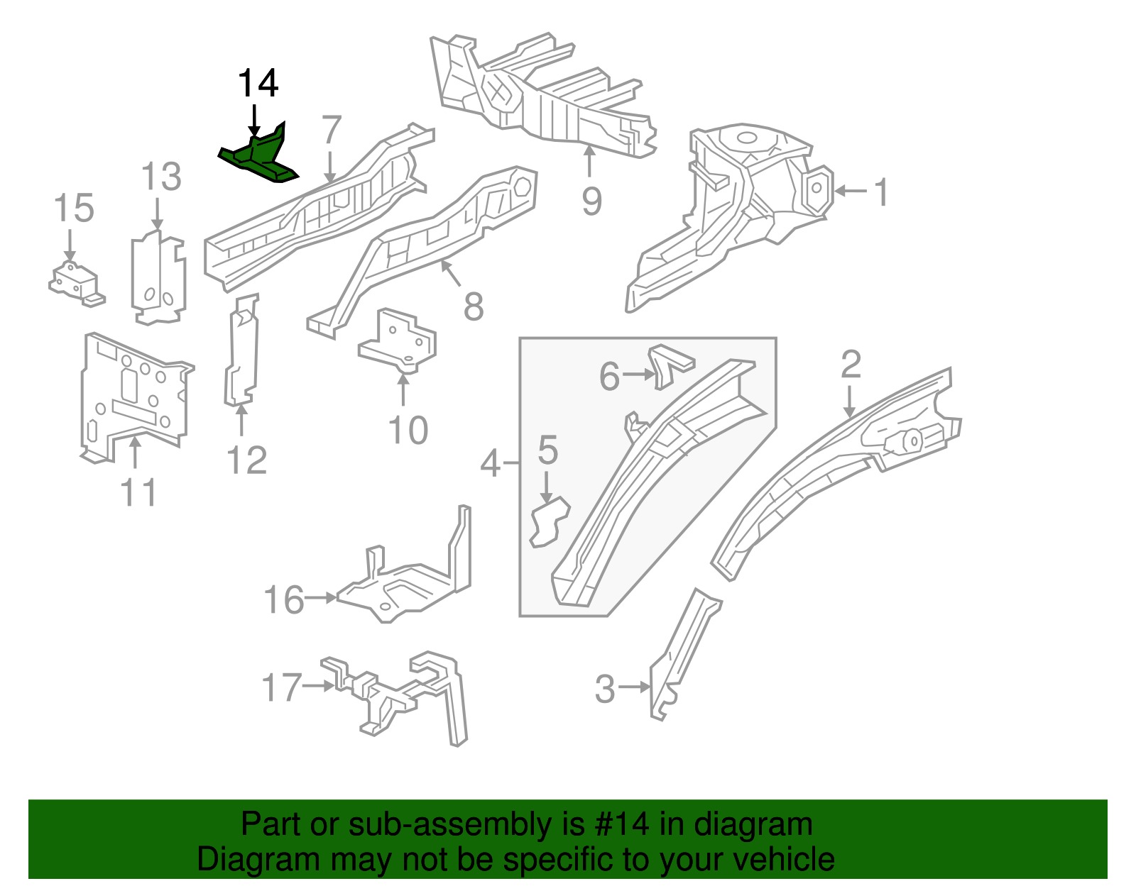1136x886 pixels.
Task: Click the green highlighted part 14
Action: pos(260,159)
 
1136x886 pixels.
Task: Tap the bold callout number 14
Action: pos(258,84)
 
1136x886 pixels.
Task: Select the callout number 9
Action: pos(591,201)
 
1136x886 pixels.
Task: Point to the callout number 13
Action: pos(161,177)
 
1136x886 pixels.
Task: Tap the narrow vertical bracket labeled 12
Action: pos(241,351)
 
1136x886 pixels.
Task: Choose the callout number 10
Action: pos(408,431)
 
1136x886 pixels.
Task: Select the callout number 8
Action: pos(474,306)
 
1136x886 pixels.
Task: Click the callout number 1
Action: pos(880,192)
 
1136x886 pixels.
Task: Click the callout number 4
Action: pos(491,464)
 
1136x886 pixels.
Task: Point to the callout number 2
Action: pos(851,364)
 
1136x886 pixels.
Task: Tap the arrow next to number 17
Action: pos(318,686)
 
